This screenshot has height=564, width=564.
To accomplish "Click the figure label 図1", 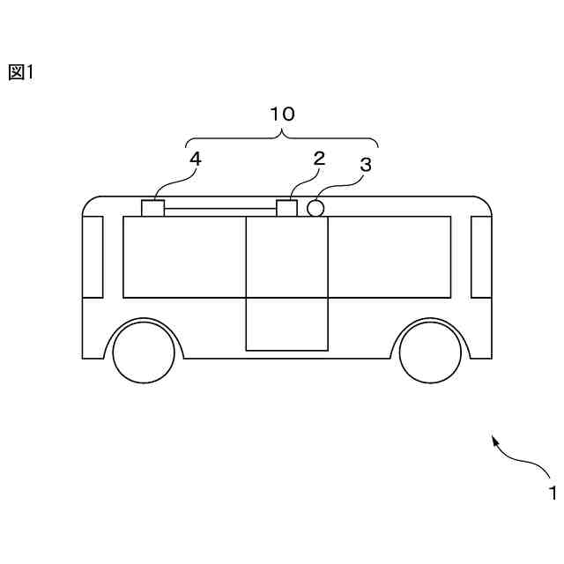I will [20, 73].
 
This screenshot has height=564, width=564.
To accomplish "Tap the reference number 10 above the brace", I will [282, 114].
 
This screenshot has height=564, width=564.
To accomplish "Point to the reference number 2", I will [319, 159].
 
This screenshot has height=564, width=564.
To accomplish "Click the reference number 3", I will [366, 164].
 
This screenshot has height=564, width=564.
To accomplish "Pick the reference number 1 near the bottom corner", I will [553, 493].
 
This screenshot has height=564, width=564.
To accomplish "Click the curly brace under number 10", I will [282, 138].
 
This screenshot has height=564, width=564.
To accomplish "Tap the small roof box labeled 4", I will [153, 208].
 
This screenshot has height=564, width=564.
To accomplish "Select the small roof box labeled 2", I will [287, 208].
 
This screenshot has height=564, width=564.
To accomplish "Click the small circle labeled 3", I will [315, 208].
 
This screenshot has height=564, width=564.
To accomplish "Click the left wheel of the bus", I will [145, 352].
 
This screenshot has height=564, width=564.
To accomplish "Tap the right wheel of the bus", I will [431, 352].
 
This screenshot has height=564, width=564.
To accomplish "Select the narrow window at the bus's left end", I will [93, 256].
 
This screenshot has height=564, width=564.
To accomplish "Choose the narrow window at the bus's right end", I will [481, 256].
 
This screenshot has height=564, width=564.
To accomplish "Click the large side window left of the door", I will [183, 256].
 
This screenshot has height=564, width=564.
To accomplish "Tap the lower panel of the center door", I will [286, 323].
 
